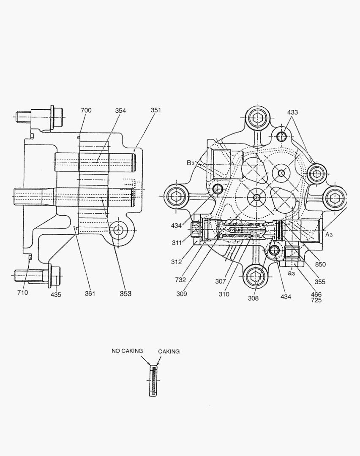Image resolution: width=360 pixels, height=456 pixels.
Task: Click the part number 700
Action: [x=86, y=111]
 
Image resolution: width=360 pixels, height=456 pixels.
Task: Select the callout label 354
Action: [x=120, y=111]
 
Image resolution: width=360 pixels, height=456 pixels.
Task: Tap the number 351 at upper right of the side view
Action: [x=156, y=110]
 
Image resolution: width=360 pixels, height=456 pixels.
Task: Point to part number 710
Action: [x=22, y=293]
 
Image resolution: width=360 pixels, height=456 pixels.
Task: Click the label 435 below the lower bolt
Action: [x=56, y=295]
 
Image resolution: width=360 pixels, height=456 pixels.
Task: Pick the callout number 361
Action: [x=89, y=293]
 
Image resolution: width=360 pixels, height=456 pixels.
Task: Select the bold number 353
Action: [x=125, y=293]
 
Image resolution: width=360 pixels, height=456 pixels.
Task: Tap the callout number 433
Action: [x=292, y=112]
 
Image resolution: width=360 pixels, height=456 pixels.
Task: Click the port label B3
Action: [x=191, y=163]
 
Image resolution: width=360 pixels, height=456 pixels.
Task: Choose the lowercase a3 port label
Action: [x=291, y=273]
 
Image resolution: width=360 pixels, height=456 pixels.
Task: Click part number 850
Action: [x=320, y=265]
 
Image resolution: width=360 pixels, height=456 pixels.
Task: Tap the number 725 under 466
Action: [x=316, y=300]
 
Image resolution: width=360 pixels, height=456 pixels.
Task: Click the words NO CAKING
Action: [x=127, y=350]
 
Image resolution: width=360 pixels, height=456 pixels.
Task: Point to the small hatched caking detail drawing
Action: [x=154, y=381]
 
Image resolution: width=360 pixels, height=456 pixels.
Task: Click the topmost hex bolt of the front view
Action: [x=257, y=118]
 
